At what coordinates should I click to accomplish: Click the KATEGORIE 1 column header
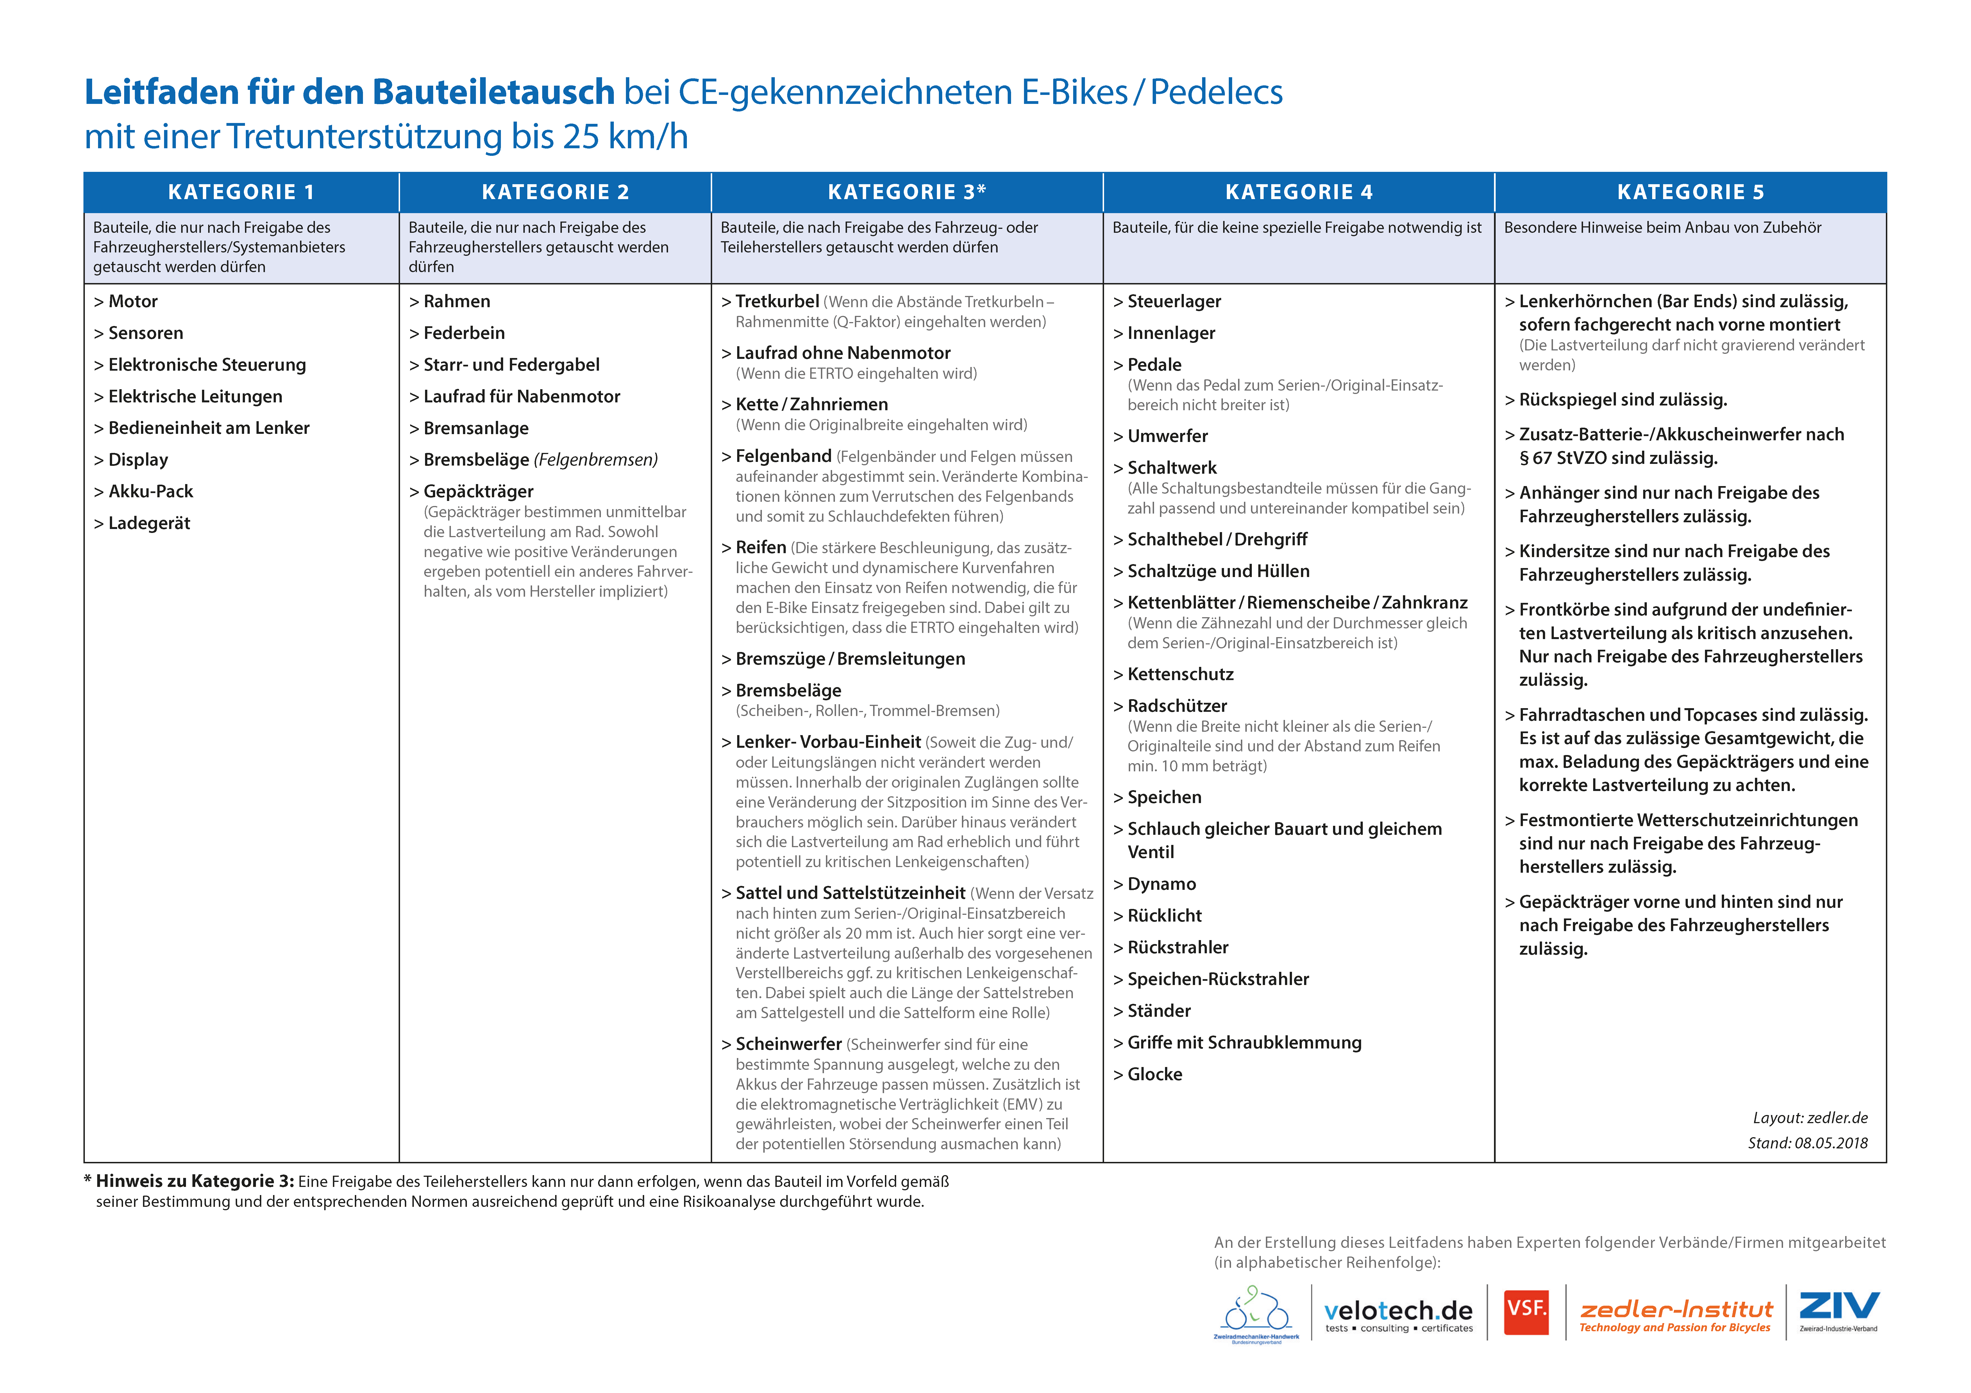click(x=241, y=192)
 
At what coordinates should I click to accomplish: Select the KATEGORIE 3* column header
click(x=907, y=192)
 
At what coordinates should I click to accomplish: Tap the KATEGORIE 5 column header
click(x=1690, y=192)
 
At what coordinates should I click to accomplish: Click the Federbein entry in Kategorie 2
click(x=464, y=333)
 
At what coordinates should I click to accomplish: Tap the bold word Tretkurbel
click(x=777, y=301)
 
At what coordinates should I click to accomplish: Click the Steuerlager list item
click(x=1173, y=301)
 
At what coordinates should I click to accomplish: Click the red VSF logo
click(x=1526, y=1312)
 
